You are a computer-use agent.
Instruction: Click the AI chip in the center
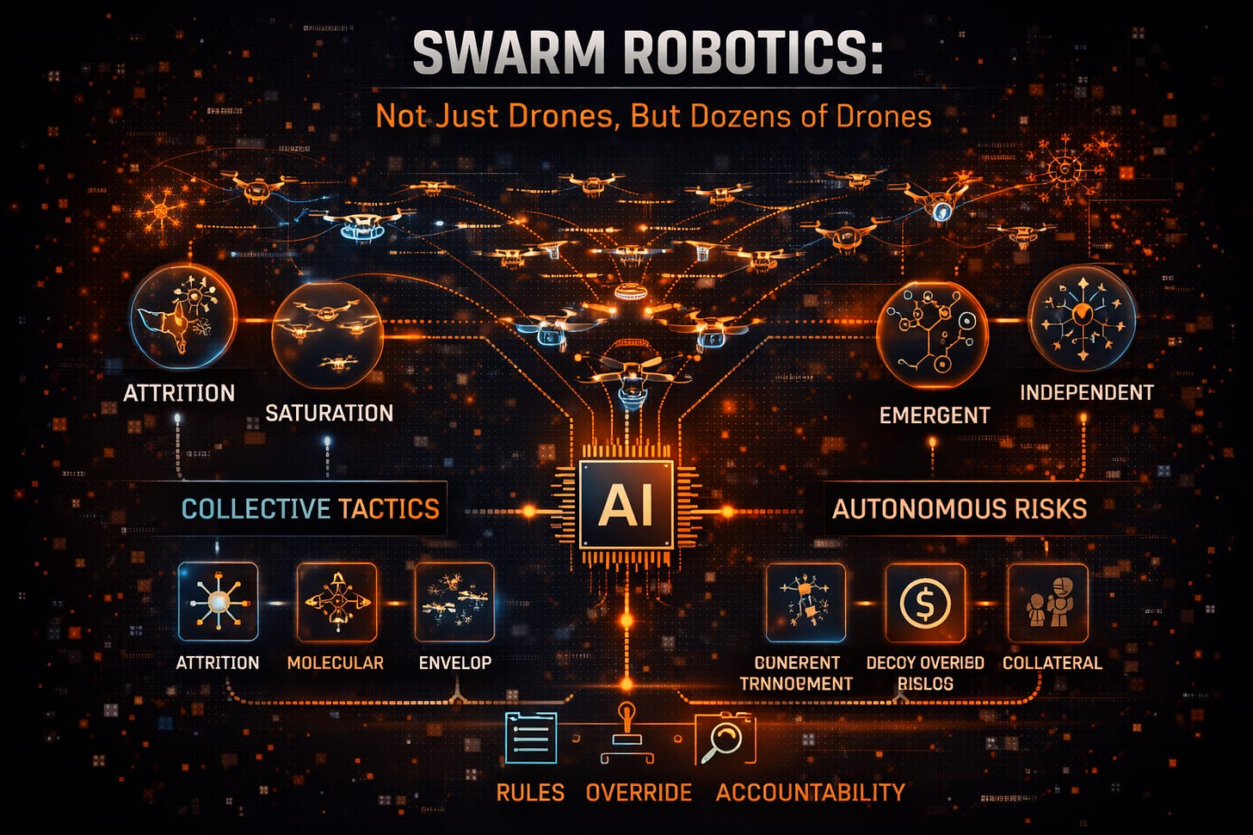point(626,505)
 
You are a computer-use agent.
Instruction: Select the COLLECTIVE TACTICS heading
point(310,508)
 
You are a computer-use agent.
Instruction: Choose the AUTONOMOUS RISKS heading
point(959,508)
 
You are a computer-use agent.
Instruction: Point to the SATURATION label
point(329,413)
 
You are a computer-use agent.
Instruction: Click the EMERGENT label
point(935,415)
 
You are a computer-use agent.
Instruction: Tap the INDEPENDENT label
point(1086,392)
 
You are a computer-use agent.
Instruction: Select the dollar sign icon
point(925,603)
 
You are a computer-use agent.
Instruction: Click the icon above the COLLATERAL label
point(1048,603)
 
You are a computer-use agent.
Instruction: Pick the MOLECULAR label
point(336,663)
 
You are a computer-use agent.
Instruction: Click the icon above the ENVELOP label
point(454,603)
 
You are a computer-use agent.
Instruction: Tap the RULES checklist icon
point(530,739)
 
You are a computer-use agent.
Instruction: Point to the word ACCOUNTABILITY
point(810,792)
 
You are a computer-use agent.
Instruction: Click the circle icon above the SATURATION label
point(327,337)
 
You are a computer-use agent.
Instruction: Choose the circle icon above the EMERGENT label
point(932,335)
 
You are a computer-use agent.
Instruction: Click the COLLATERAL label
point(1052,663)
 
